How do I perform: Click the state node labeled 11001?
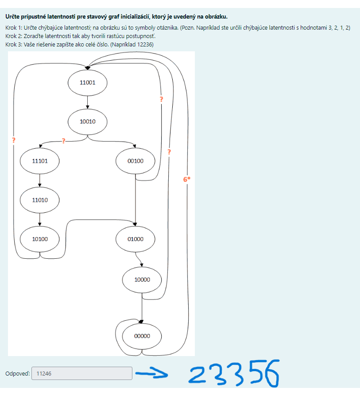coord(88,83)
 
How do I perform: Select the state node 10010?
coord(88,122)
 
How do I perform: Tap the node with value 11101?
coord(39,161)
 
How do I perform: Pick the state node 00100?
coord(135,161)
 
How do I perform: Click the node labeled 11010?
coord(39,200)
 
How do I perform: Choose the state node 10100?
coord(39,239)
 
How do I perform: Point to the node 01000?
coord(135,239)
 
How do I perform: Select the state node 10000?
coord(142,280)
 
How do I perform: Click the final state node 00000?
coord(142,336)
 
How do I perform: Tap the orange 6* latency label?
coord(187,179)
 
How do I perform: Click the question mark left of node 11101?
coord(14,140)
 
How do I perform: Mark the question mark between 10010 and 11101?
coord(63,141)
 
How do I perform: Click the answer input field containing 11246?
coord(81,373)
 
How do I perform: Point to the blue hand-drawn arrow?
coord(151,374)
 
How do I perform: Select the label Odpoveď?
coord(17,374)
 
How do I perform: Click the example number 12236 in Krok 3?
coord(145,45)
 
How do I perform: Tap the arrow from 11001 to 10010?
coord(88,103)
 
